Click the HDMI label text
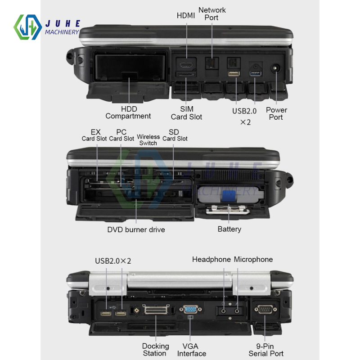click(x=186, y=16)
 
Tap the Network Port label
click(x=211, y=13)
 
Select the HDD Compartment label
click(x=128, y=112)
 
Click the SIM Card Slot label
click(x=186, y=113)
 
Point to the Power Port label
click(x=276, y=113)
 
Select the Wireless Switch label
click(x=148, y=139)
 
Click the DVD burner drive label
click(x=136, y=229)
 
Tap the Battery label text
click(x=229, y=229)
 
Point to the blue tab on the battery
click(x=228, y=196)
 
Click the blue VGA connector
click(x=191, y=310)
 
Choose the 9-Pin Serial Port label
click(x=266, y=350)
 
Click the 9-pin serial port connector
click(x=265, y=310)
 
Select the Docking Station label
click(x=155, y=350)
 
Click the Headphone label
click(x=211, y=260)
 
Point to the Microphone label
click(x=253, y=260)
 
